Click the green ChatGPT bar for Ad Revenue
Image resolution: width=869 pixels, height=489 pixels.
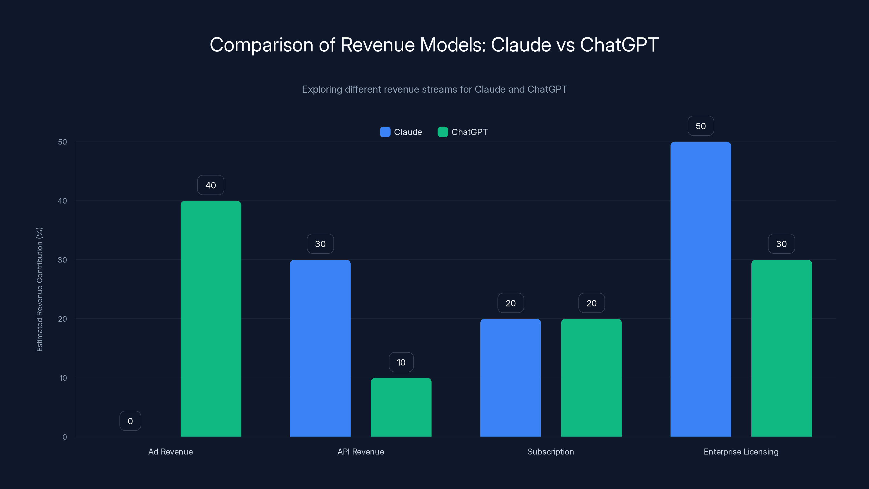(x=211, y=319)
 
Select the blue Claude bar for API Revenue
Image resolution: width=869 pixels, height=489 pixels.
(x=320, y=348)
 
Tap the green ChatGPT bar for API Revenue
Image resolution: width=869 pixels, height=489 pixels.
(x=401, y=407)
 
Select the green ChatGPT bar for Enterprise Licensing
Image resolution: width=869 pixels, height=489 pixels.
(x=781, y=348)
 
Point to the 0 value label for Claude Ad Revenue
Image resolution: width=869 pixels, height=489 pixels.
(x=130, y=421)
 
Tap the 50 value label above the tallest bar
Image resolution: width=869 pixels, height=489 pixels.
(x=701, y=126)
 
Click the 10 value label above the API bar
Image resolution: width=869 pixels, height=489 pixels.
(x=401, y=362)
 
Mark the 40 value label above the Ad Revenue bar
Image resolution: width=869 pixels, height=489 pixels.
(x=210, y=185)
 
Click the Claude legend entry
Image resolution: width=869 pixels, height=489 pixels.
(x=401, y=132)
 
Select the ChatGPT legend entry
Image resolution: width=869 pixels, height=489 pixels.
(x=463, y=132)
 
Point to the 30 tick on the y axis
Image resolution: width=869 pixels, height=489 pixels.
(x=62, y=260)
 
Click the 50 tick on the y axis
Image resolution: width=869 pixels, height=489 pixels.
(x=62, y=142)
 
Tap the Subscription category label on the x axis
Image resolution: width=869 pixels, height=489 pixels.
(x=550, y=452)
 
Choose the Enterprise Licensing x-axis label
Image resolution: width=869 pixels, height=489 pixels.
(x=741, y=452)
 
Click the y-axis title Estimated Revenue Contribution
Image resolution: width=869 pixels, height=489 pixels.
(x=39, y=289)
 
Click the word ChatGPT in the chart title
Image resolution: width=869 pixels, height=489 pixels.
(x=619, y=45)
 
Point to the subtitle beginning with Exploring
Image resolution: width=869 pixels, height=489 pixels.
(x=434, y=89)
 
